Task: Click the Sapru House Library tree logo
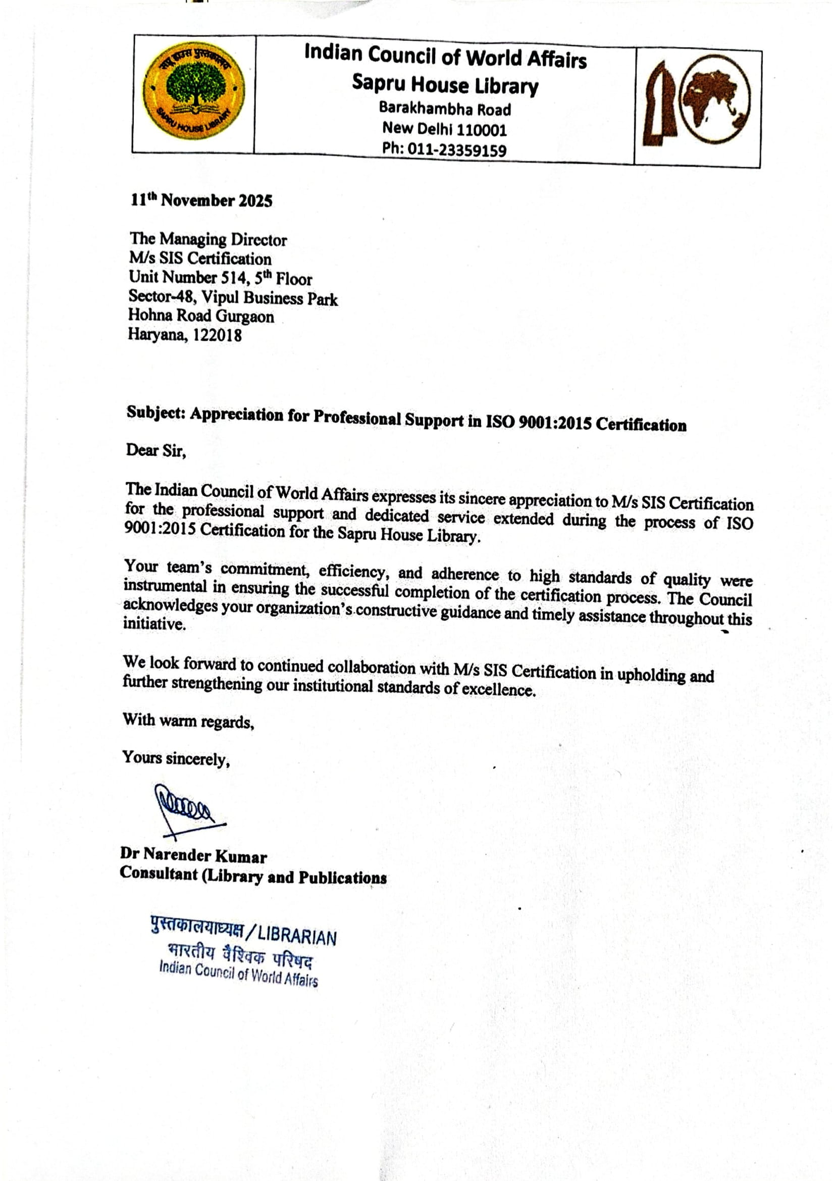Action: coord(193,93)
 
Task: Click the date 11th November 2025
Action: coord(201,200)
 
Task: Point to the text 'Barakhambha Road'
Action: coord(445,109)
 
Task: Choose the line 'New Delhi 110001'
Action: coord(444,129)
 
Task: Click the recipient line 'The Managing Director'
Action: coord(208,240)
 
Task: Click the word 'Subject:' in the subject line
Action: coord(155,413)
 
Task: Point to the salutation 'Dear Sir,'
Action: coord(156,450)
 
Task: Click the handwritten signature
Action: coord(185,808)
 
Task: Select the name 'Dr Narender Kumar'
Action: coord(193,855)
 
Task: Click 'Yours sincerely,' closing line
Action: coord(175,758)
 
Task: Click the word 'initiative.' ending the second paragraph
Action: coord(154,625)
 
